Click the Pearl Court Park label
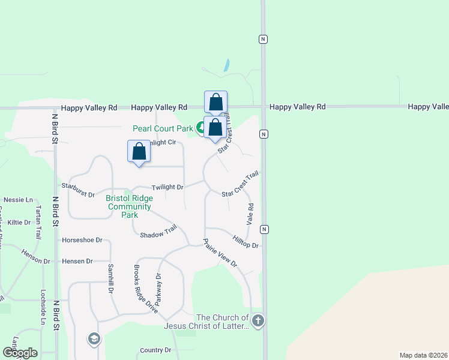[163, 128]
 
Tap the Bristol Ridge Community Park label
[129, 206]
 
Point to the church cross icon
[258, 320]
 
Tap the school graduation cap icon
[94, 340]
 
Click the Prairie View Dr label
[220, 254]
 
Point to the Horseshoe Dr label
[82, 240]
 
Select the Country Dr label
[155, 350]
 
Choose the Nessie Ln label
[17, 199]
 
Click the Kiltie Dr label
[19, 222]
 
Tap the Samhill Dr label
[110, 278]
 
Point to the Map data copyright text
[423, 355]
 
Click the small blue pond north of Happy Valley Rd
[226, 65]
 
